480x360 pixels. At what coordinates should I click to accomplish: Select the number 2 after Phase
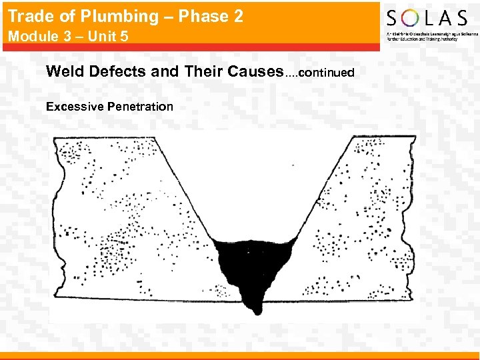tap(237, 17)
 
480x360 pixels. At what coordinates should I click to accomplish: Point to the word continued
tap(326, 73)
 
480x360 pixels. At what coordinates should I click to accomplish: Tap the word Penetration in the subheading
tap(140, 106)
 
